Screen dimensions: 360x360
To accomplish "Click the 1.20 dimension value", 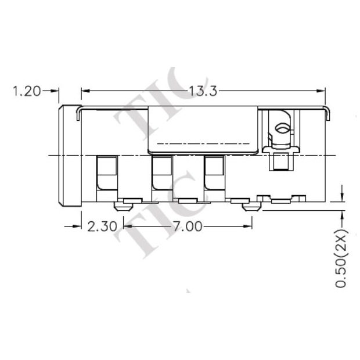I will [x=27, y=91].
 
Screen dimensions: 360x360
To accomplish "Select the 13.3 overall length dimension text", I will [x=203, y=91].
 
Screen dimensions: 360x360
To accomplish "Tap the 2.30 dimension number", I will [x=102, y=226].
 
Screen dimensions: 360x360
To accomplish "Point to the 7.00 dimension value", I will [x=187, y=226].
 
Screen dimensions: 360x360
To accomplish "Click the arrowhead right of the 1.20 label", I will [x=56, y=91].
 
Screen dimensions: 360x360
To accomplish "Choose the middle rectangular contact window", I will [x=160, y=172].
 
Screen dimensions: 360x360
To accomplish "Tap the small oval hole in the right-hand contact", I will [x=282, y=129].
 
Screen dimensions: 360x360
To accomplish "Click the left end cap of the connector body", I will [x=69, y=155].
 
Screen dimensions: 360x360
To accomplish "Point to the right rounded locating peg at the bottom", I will [x=251, y=205].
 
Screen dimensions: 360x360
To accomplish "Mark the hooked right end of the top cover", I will [x=327, y=113].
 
